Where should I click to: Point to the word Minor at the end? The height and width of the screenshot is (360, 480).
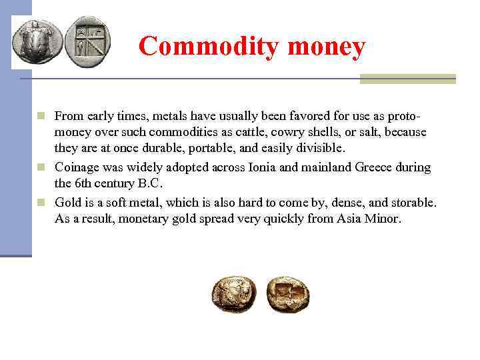pos(383,219)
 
